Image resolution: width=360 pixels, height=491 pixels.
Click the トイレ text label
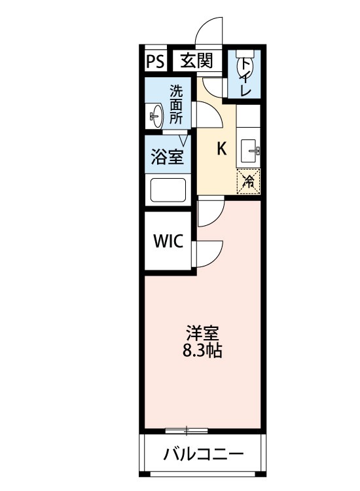pyautogui.click(x=245, y=77)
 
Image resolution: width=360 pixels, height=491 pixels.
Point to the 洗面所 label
pyautogui.click(x=177, y=104)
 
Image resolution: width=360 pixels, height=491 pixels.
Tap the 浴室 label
pyautogui.click(x=168, y=156)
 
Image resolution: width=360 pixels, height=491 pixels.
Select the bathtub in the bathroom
pyautogui.click(x=169, y=191)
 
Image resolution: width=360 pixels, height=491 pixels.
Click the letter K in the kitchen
pyautogui.click(x=221, y=149)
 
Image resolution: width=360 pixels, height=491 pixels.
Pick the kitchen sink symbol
pyautogui.click(x=249, y=151)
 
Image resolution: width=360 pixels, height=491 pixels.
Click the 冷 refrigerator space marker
pyautogui.click(x=249, y=180)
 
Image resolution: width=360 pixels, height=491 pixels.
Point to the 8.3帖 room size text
pyautogui.click(x=202, y=351)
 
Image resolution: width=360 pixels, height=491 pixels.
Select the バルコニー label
pyautogui.click(x=204, y=454)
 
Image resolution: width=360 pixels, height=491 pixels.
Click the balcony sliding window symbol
pyautogui.click(x=187, y=430)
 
